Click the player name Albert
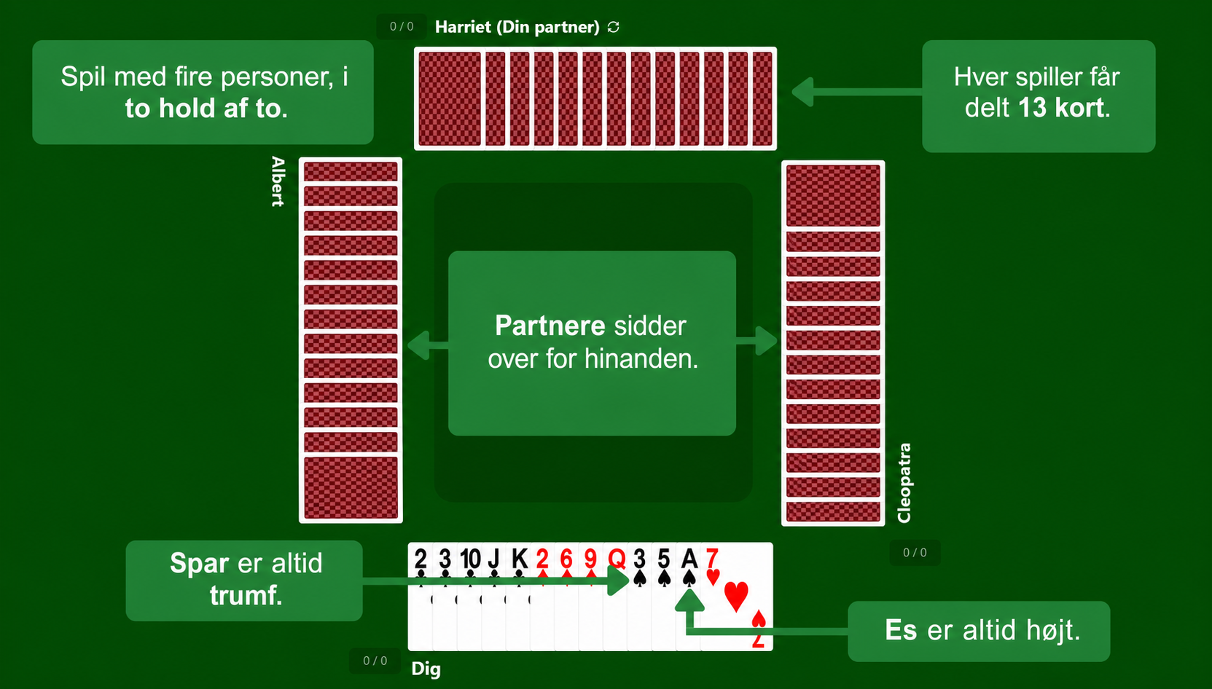coord(278,181)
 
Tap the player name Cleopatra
coord(904,483)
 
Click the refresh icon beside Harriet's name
coord(613,27)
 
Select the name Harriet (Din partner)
coord(517,27)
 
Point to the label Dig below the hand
coord(426,669)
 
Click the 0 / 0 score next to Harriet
coord(402,26)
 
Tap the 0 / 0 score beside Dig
coord(375,661)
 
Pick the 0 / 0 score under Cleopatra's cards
coord(915,553)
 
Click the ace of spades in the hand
coord(688,596)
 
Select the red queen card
coord(616,596)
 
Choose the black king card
coord(518,596)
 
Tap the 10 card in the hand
coord(469,596)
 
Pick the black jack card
coord(494,596)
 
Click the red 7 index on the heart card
coord(712,558)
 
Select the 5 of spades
coord(664,596)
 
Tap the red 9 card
coord(591,596)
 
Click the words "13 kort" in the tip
coord(1061,109)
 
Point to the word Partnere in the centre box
coord(550,326)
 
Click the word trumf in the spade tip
coord(246,596)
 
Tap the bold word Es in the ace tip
coord(901,630)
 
